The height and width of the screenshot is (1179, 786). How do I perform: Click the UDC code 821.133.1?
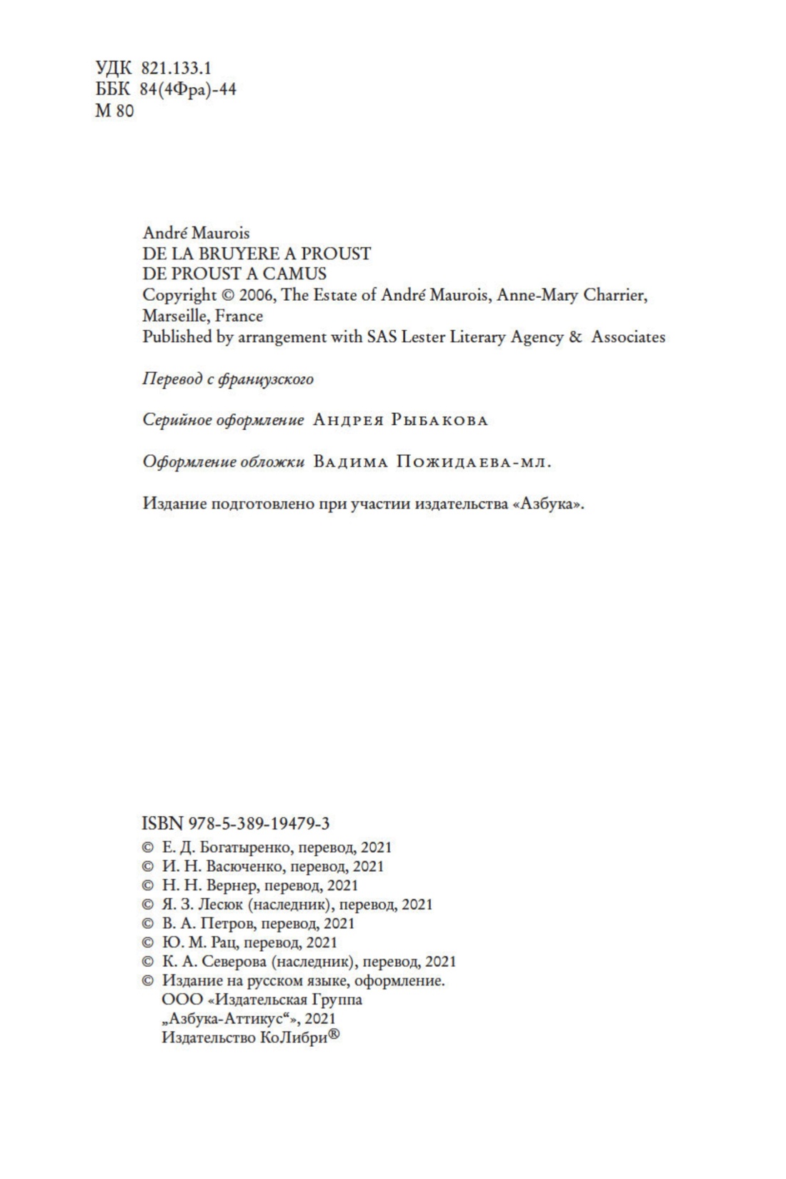point(176,68)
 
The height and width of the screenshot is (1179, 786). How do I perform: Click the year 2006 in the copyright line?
point(257,295)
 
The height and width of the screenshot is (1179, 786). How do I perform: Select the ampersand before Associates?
point(575,337)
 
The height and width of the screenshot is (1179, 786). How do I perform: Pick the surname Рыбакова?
point(439,420)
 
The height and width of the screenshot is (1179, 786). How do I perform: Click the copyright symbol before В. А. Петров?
point(148,923)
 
